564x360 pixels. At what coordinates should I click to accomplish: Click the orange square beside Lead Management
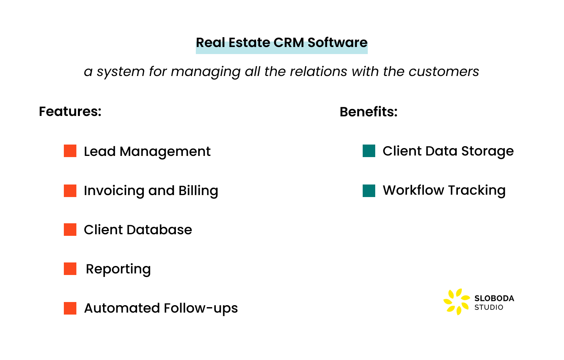pyautogui.click(x=70, y=151)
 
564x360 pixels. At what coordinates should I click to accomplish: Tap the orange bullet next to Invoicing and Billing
pyautogui.click(x=70, y=190)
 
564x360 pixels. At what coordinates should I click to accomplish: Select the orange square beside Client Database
pyautogui.click(x=70, y=230)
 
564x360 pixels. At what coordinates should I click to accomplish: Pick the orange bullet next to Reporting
pyautogui.click(x=70, y=269)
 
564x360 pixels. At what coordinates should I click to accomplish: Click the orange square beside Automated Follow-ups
pyautogui.click(x=70, y=308)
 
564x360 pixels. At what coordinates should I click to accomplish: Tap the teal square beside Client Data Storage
pyautogui.click(x=369, y=151)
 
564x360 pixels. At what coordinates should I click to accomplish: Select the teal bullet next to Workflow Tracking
pyautogui.click(x=369, y=190)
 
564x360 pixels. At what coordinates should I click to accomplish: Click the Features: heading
pyautogui.click(x=70, y=111)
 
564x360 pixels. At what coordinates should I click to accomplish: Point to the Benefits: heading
pyautogui.click(x=368, y=112)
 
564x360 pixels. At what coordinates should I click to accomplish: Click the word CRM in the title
pyautogui.click(x=289, y=42)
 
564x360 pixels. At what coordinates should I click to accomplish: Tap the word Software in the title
pyautogui.click(x=337, y=42)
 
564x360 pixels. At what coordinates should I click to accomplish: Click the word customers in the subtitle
pyautogui.click(x=444, y=71)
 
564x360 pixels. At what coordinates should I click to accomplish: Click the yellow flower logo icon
pyautogui.click(x=457, y=302)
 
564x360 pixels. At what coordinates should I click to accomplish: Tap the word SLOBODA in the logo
pyautogui.click(x=494, y=298)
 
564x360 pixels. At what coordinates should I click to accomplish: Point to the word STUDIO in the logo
pyautogui.click(x=489, y=308)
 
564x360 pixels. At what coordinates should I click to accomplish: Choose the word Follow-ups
pyautogui.click(x=201, y=309)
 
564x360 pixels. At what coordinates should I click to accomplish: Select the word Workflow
pyautogui.click(x=414, y=190)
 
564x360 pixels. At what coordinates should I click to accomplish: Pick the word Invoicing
pyautogui.click(x=114, y=191)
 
